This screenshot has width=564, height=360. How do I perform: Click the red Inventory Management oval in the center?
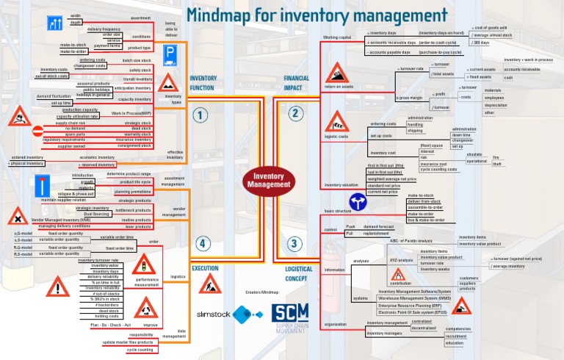[268, 180]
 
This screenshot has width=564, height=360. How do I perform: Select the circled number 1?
[200, 115]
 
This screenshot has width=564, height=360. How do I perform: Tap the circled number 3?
[294, 244]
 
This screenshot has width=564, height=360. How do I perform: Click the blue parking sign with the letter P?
[169, 53]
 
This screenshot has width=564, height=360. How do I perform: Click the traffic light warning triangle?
[145, 264]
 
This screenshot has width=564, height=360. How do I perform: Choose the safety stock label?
[140, 70]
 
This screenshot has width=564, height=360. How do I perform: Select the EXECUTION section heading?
[206, 269]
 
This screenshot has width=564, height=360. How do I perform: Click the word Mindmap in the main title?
[220, 15]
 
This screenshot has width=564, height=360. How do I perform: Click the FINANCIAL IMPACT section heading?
[297, 82]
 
